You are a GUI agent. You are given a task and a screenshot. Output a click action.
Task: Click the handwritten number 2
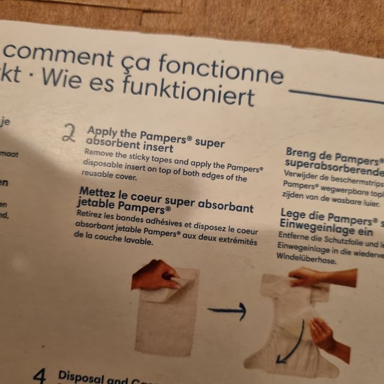click(x=69, y=133)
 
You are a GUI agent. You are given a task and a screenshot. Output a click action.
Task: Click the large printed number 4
click(x=40, y=376)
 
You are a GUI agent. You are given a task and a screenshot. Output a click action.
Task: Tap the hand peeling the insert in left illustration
click(x=155, y=274)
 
